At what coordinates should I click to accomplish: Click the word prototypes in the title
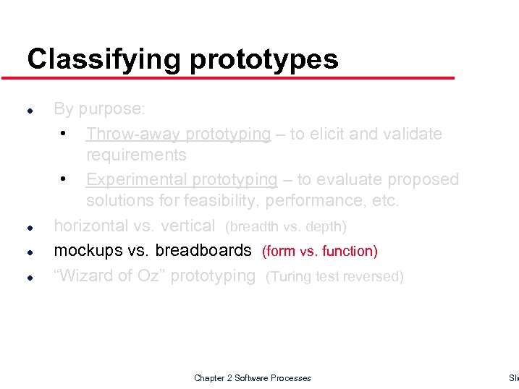[264, 59]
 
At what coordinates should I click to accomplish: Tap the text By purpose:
[100, 109]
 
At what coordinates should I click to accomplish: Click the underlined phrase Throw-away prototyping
[178, 134]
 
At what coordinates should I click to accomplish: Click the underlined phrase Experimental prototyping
[182, 179]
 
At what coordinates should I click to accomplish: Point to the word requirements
[136, 155]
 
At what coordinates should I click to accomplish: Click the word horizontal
[91, 226]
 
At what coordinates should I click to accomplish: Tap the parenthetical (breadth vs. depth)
[286, 227]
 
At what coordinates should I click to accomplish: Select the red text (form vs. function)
[319, 252]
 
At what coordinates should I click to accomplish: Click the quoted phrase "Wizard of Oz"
[109, 275]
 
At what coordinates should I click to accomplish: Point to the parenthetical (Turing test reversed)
[334, 276]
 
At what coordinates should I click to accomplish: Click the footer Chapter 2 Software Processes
[252, 378]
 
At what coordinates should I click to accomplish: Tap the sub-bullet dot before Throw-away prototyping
[64, 134]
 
